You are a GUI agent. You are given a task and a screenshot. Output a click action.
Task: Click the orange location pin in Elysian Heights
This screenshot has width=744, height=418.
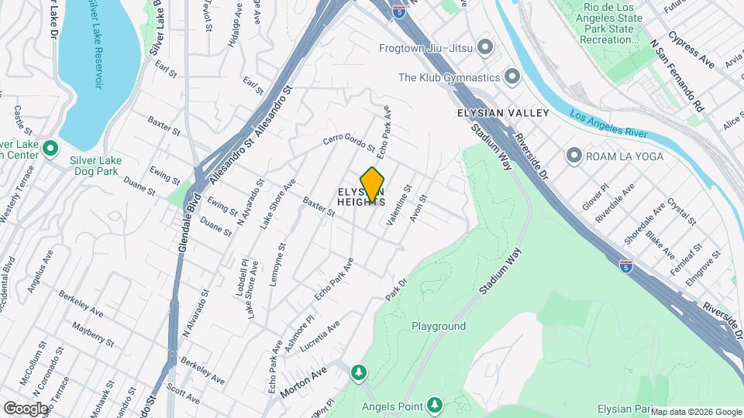point(373,185)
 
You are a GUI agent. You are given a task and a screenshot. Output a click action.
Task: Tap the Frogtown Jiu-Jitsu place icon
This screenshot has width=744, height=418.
point(485,48)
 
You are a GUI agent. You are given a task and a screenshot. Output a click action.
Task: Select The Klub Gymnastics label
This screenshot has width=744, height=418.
point(448,77)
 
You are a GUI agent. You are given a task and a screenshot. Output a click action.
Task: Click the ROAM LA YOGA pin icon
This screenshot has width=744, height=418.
point(574,156)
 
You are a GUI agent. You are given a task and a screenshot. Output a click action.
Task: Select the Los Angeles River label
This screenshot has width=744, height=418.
point(608,125)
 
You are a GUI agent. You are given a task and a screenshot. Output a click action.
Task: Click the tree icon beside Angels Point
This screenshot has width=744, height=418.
point(435,406)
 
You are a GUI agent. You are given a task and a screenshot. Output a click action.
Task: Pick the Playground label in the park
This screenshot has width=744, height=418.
point(439,327)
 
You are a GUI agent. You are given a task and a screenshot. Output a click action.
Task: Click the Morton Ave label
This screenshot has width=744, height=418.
point(304,382)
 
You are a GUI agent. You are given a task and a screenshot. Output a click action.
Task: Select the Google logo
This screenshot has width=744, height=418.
point(26,408)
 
